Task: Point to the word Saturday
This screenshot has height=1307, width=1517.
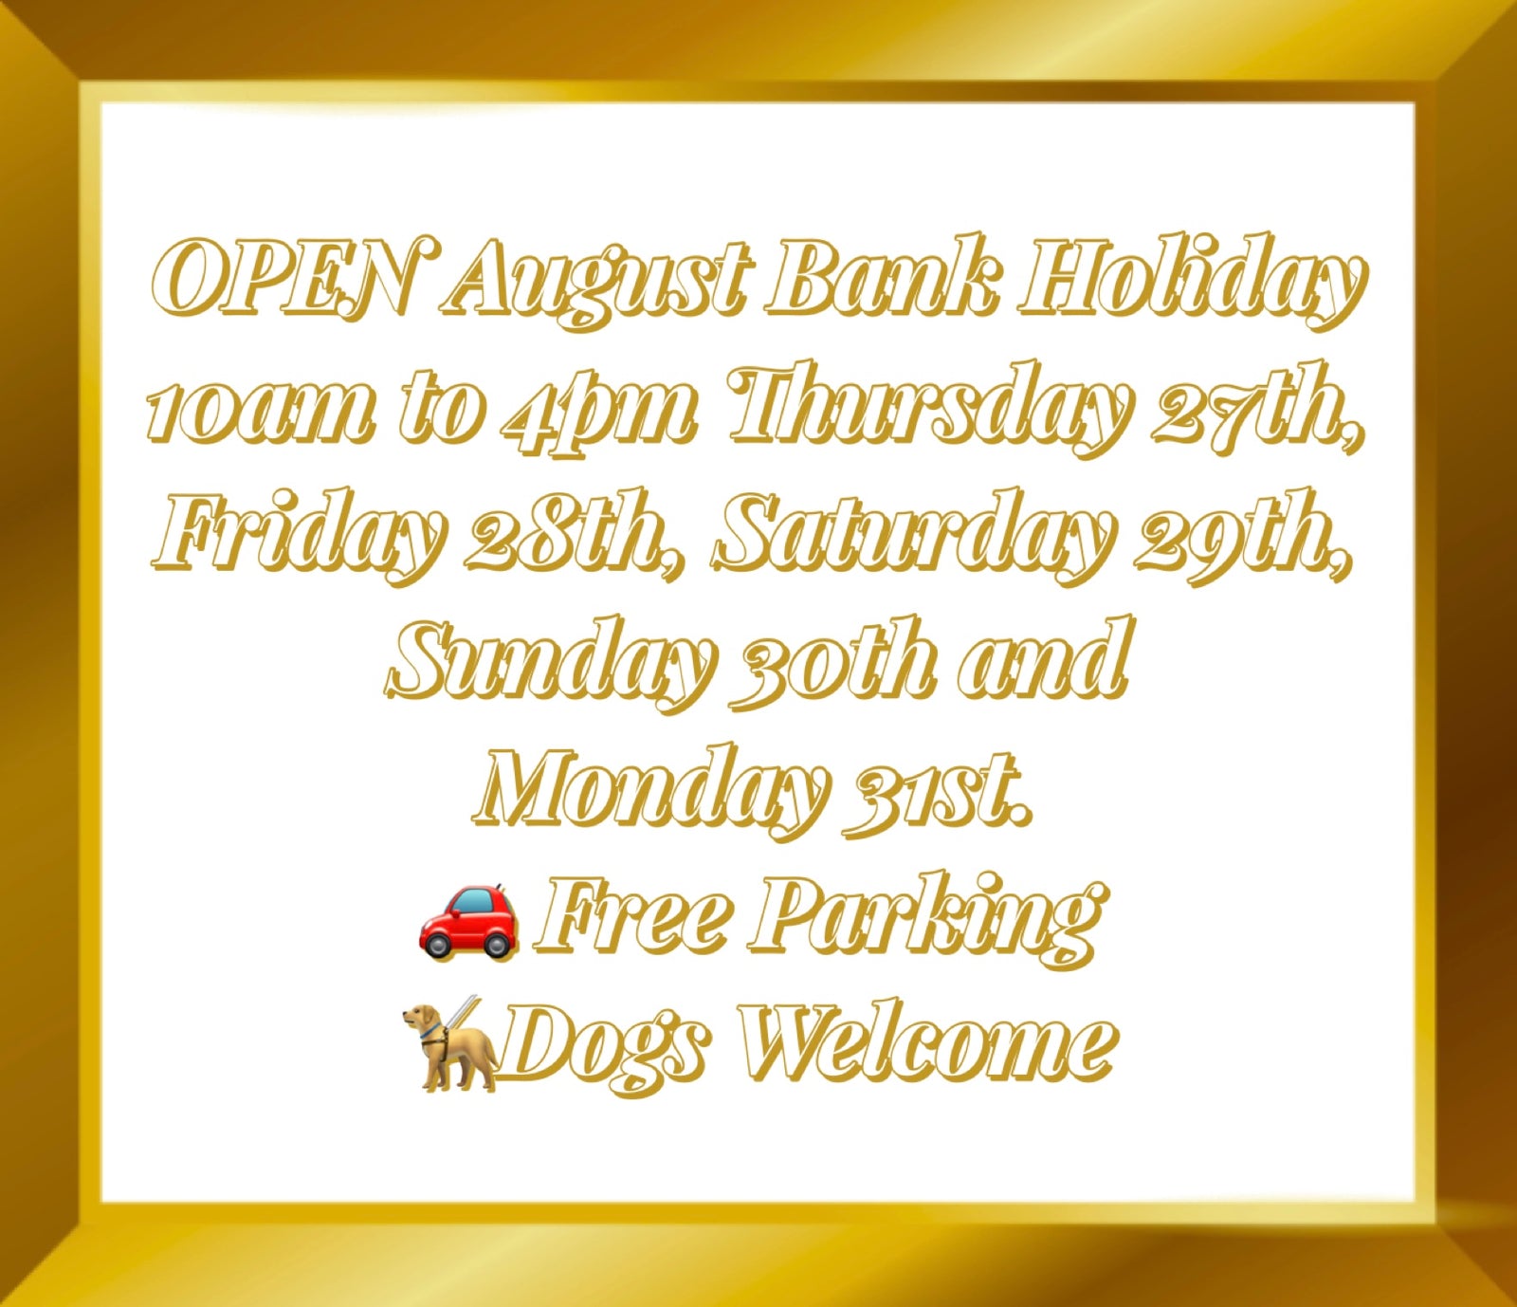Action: click(x=911, y=537)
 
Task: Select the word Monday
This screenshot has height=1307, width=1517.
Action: click(x=649, y=791)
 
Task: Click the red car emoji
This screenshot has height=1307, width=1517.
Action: click(x=468, y=920)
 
